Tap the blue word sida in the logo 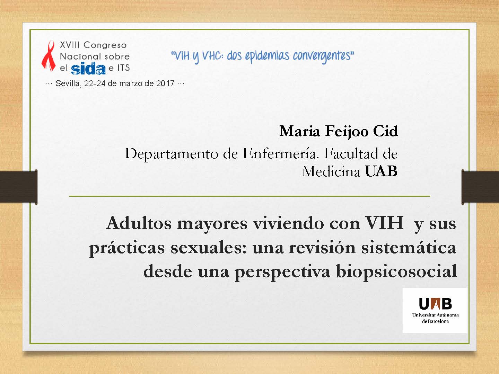[88, 69]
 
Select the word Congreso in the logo [105, 45]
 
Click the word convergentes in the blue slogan [324, 56]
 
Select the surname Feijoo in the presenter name [347, 132]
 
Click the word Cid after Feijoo [385, 131]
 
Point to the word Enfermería [280, 153]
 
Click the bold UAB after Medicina [381, 171]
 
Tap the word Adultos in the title [139, 223]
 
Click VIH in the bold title [384, 223]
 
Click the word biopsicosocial [396, 271]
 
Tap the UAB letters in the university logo [435, 304]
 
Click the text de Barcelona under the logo [435, 321]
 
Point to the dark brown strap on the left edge [19, 187]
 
